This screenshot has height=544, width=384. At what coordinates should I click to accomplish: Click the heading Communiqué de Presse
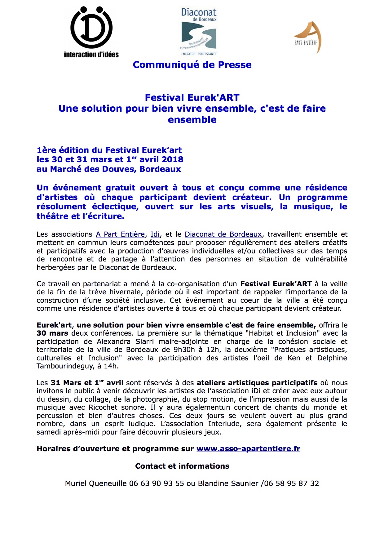[192, 65]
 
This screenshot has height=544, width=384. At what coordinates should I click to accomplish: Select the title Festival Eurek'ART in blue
[192, 98]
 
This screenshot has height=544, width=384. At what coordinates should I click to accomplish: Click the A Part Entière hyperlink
[120, 234]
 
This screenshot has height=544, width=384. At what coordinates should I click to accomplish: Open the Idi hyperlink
[155, 234]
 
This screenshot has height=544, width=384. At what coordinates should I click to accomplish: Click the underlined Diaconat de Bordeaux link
[223, 234]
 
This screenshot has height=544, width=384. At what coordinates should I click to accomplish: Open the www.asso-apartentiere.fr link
[248, 449]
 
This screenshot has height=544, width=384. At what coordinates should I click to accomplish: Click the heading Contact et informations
[182, 466]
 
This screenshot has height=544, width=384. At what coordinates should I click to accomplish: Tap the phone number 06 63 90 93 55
[157, 484]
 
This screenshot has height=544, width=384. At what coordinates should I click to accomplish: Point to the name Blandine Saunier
[228, 484]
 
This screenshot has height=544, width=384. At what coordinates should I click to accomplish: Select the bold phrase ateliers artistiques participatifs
[257, 383]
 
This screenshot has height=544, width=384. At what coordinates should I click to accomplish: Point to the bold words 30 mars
[52, 333]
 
